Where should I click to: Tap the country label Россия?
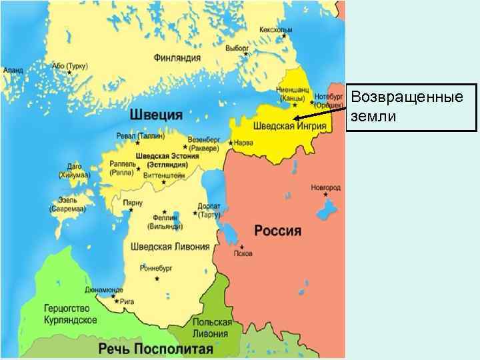click(278, 231)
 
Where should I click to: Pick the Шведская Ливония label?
click(170, 247)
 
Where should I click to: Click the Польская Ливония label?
click(212, 327)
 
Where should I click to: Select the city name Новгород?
click(325, 189)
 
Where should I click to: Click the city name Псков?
click(243, 253)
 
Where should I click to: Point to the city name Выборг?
click(237, 49)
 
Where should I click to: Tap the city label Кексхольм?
click(276, 31)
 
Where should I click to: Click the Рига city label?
click(128, 301)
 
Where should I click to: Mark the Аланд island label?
click(13, 70)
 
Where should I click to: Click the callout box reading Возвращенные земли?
click(412, 107)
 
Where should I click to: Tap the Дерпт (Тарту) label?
click(209, 210)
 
